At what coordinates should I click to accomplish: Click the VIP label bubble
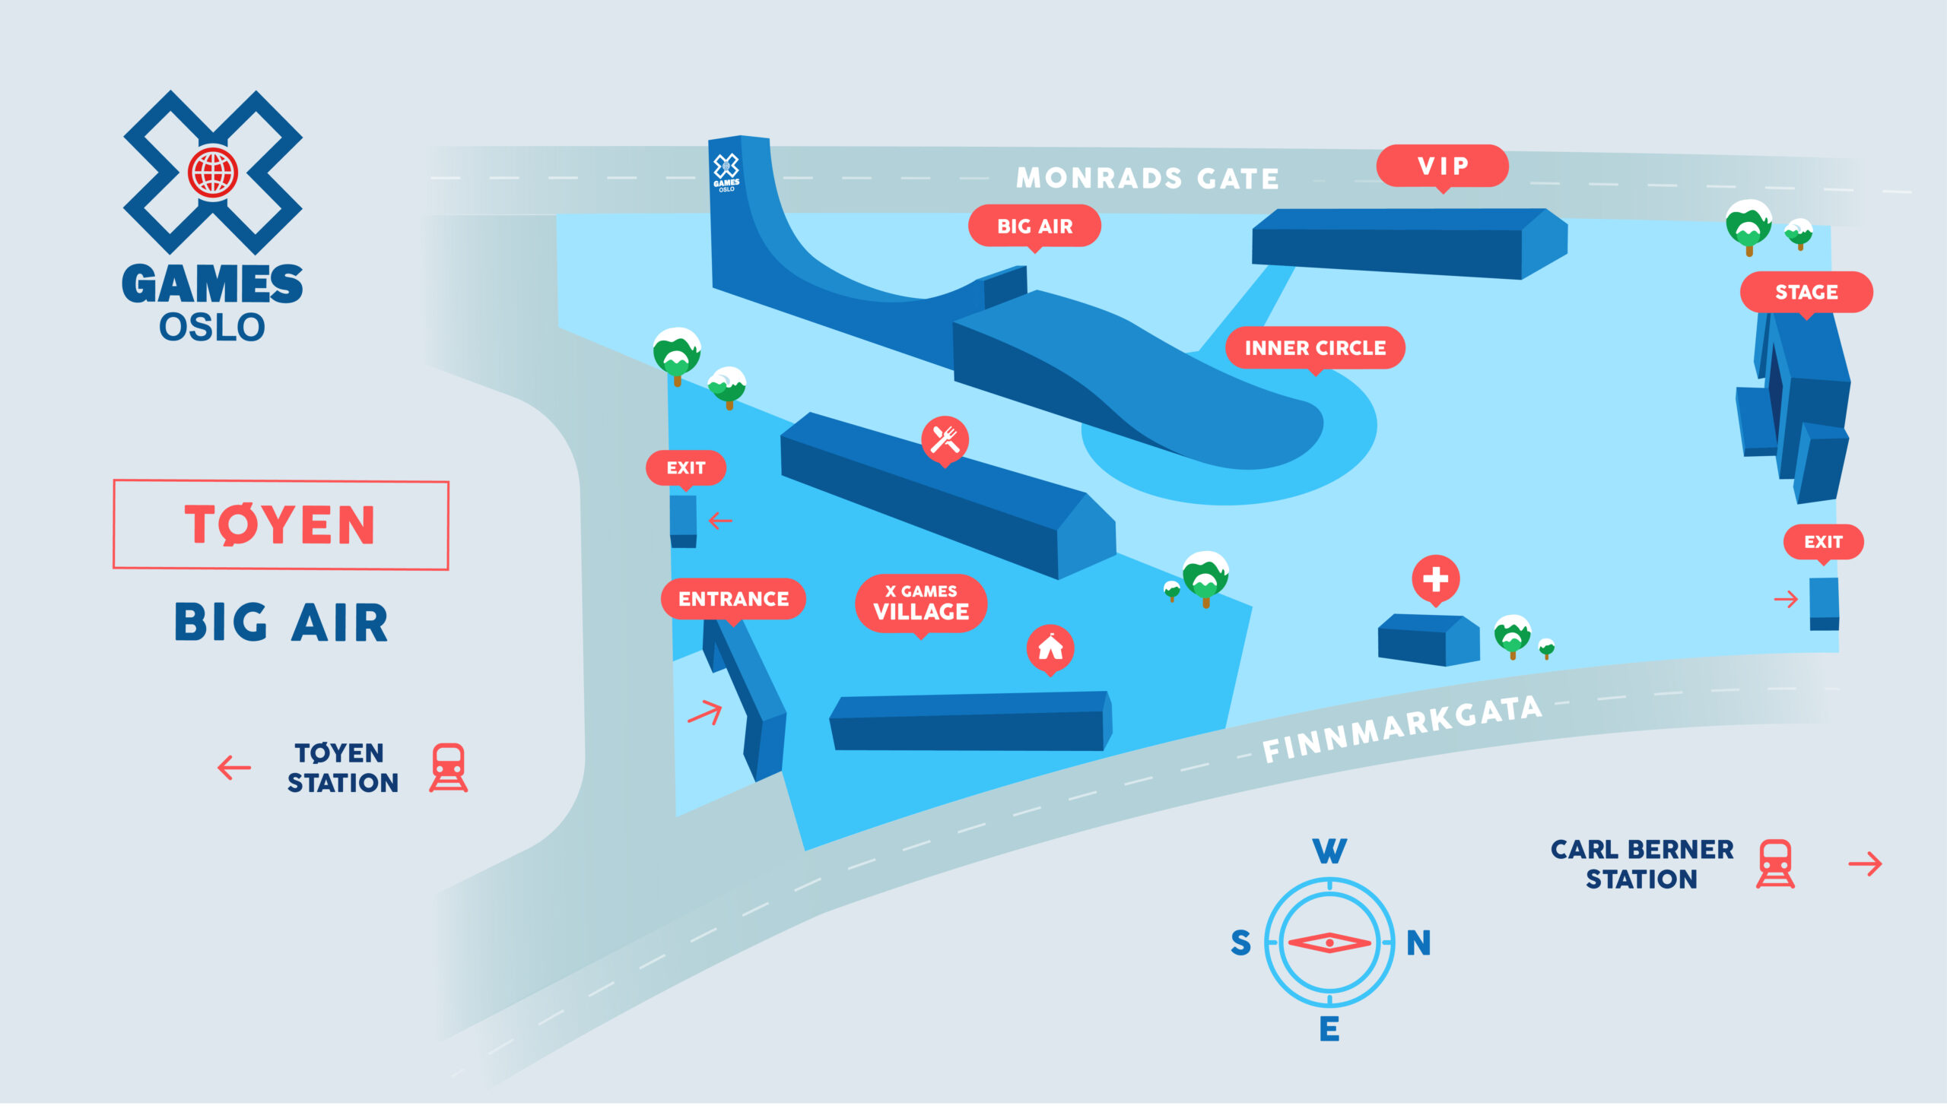(1442, 166)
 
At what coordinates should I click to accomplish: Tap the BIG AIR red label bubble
(1034, 226)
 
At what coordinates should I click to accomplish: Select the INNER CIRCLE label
(1315, 348)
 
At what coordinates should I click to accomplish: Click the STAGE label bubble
(1806, 293)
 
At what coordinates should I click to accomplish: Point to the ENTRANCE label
(734, 599)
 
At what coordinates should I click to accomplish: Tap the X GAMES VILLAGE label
(921, 604)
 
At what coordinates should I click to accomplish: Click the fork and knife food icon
(945, 440)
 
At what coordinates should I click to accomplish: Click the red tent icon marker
(1050, 649)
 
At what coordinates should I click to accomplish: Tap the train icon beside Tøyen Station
(449, 768)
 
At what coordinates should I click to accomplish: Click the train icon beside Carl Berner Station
(1775, 863)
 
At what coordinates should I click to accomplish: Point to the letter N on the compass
(1419, 943)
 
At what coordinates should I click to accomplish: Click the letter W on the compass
(1329, 851)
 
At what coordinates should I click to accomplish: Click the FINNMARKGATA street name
(1402, 729)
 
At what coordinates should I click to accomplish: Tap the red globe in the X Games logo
(213, 173)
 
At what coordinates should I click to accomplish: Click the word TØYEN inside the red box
(281, 524)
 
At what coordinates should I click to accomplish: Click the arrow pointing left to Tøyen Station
(233, 768)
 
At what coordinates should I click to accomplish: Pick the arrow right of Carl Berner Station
(1865, 864)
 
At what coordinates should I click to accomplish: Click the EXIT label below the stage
(1823, 542)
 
